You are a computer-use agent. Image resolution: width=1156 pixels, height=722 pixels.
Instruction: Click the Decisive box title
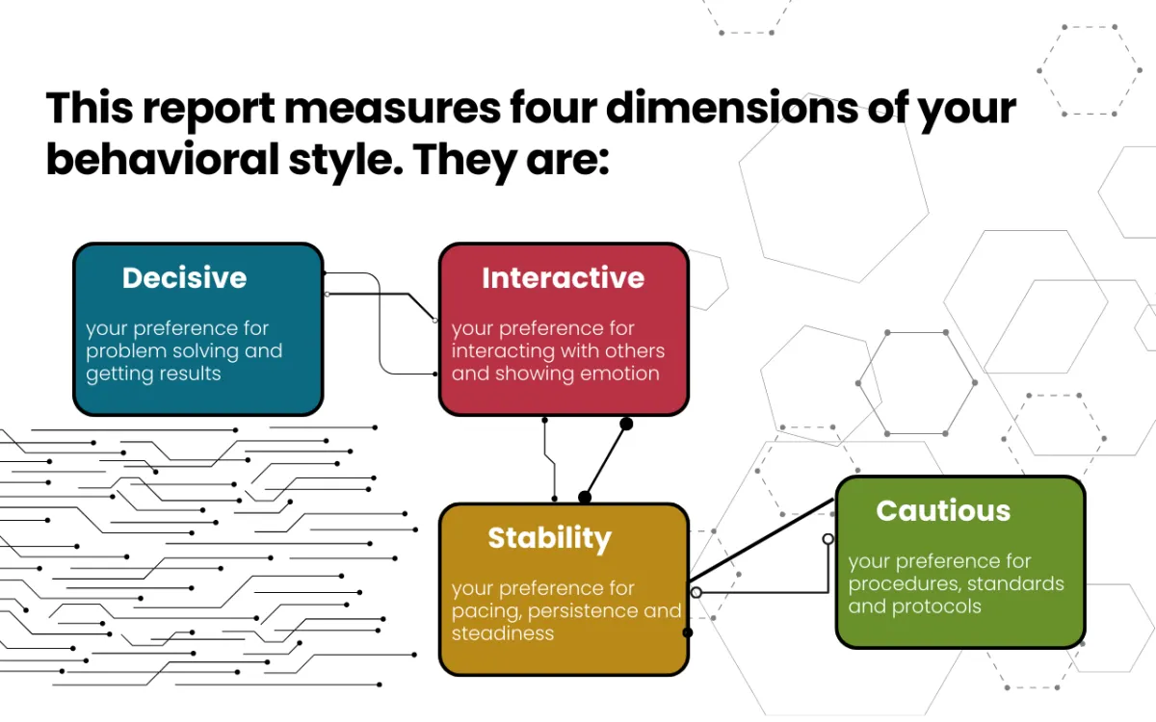(x=184, y=278)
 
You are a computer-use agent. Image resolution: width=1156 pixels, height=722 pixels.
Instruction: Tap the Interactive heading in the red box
(x=563, y=278)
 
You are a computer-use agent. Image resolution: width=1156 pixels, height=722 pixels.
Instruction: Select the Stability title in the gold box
(x=550, y=539)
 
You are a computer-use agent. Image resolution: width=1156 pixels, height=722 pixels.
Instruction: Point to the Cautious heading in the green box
(x=943, y=510)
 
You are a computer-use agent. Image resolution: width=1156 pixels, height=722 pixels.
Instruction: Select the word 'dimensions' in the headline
(x=732, y=108)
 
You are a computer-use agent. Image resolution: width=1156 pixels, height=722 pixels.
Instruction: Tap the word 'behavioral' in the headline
(x=163, y=159)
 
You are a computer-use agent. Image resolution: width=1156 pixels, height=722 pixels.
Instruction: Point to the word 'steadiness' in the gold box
(x=503, y=633)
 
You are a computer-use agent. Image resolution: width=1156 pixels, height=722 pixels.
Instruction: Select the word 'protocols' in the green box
(x=936, y=606)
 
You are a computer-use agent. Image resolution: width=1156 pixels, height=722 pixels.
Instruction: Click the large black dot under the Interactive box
(x=626, y=424)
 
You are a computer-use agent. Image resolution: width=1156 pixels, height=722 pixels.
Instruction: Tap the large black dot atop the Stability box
(x=585, y=497)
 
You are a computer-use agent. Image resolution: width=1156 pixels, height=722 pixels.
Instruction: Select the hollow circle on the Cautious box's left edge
(x=828, y=539)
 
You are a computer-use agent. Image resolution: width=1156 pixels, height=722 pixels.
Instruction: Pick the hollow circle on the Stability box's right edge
(x=696, y=593)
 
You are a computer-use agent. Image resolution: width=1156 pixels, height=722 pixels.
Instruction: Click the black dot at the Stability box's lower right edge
(x=688, y=632)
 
